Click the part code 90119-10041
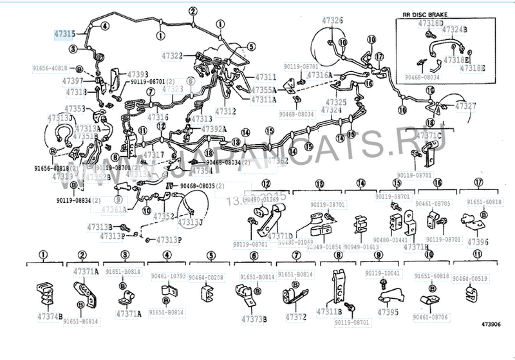click(384, 274)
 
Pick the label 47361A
click(113, 209)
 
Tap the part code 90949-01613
click(361, 247)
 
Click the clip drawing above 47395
click(389, 294)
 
